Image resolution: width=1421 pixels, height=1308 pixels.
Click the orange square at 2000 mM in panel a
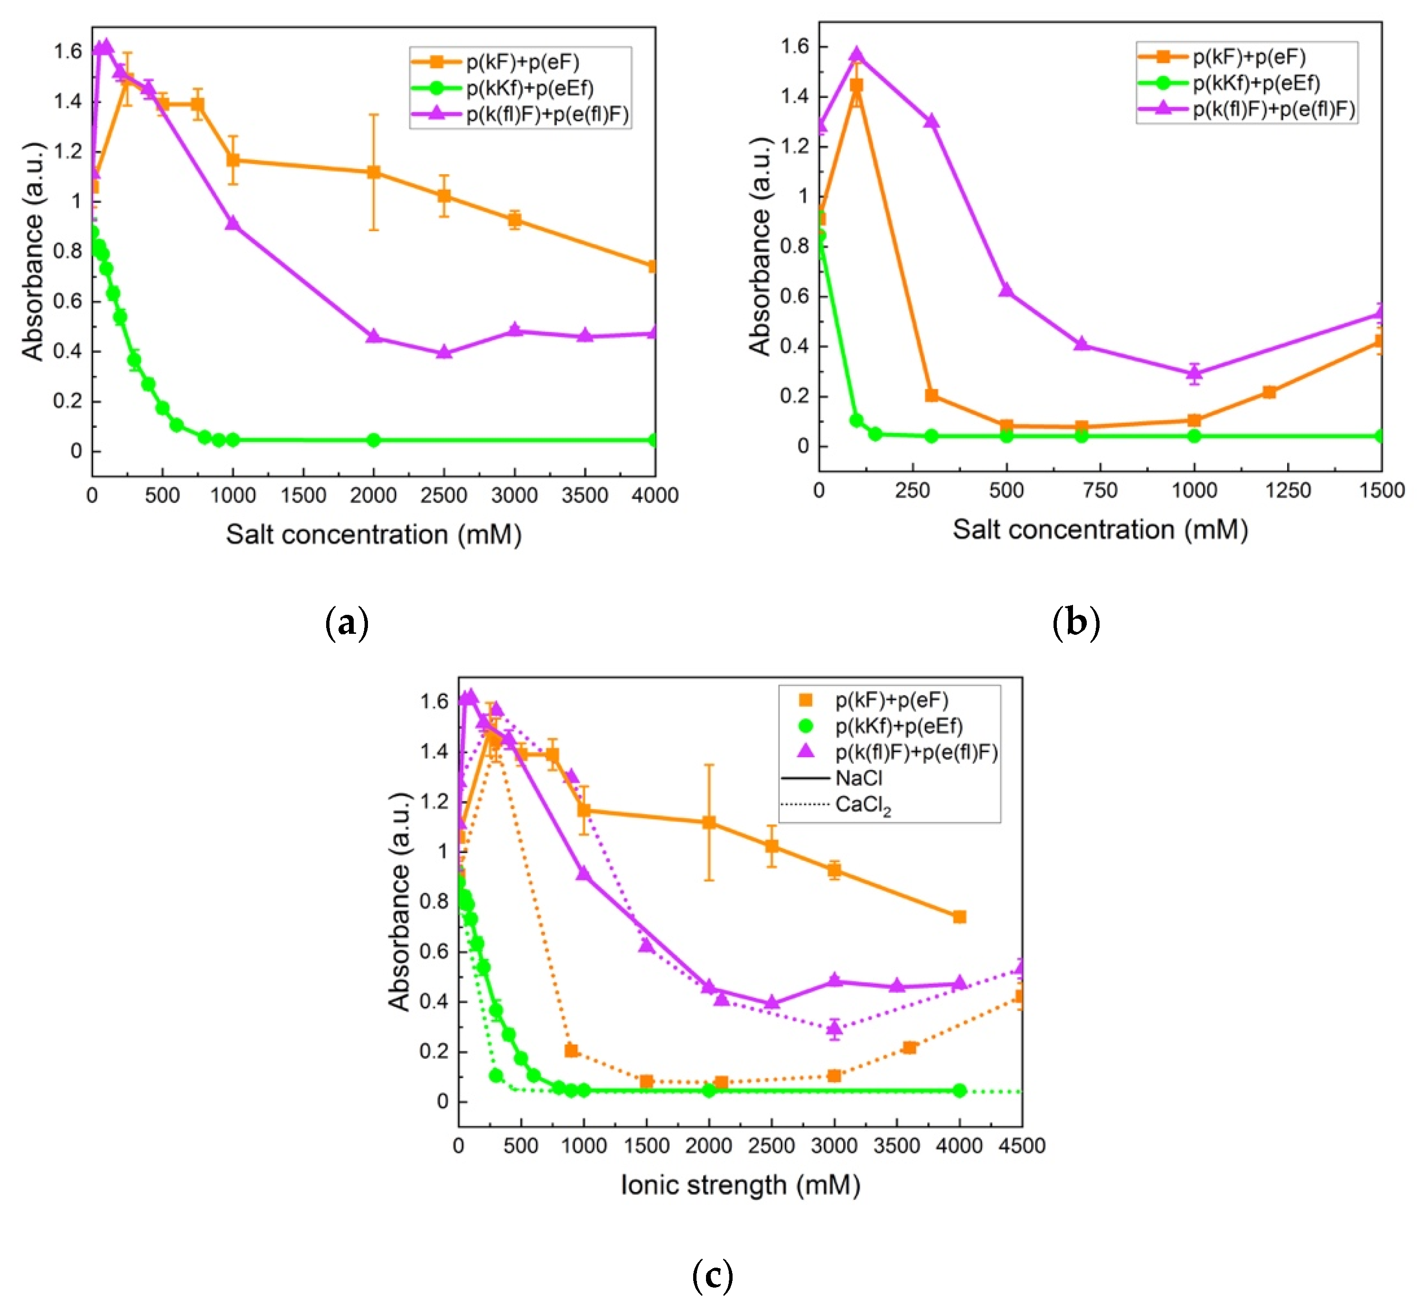click(x=374, y=172)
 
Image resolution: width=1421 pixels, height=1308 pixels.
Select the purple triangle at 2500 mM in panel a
click(x=444, y=352)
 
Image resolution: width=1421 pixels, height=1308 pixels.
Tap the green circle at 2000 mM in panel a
click(x=374, y=440)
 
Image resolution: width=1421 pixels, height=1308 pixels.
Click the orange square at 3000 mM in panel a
click(x=515, y=220)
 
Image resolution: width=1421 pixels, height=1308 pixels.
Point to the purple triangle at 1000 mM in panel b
click(x=1194, y=373)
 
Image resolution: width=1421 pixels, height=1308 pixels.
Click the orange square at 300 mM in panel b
click(x=932, y=395)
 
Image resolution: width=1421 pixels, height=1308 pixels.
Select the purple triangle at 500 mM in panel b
click(x=1007, y=291)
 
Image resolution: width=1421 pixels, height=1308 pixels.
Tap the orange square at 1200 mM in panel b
click(x=1269, y=391)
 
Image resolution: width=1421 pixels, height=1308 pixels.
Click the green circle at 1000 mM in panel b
click(x=1194, y=436)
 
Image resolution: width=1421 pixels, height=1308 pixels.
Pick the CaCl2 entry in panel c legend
click(x=863, y=806)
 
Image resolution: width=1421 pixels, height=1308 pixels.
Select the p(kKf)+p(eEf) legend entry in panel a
click(x=529, y=88)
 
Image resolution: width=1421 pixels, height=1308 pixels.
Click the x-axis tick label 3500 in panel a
click(x=584, y=496)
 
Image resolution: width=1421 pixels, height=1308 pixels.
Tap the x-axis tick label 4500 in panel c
click(x=1021, y=1146)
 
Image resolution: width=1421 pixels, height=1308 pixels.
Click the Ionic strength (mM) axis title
click(x=740, y=1185)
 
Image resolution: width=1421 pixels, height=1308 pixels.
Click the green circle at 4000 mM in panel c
click(x=959, y=1091)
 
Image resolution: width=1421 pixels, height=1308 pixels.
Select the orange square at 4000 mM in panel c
click(x=959, y=917)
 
